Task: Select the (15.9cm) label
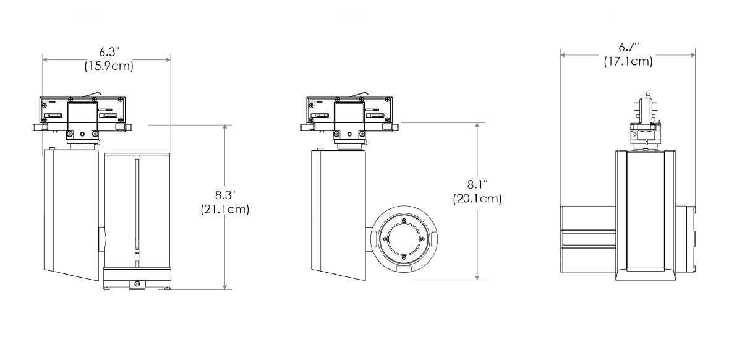coord(108,66)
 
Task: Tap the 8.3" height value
coord(224,195)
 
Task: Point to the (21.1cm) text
coord(224,210)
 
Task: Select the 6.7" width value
coord(628,47)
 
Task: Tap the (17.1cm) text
coord(628,61)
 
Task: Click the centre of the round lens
coord(403,239)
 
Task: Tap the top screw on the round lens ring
coord(403,221)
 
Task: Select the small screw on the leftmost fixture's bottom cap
coord(135,283)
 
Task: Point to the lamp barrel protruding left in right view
coord(587,238)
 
